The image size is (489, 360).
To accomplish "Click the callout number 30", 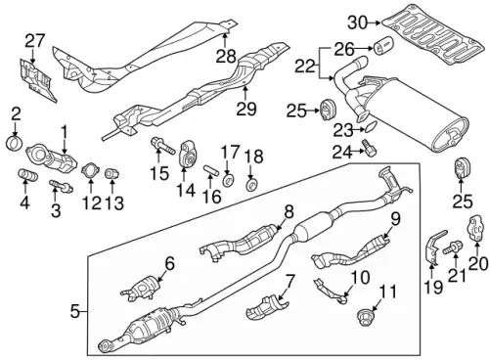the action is tap(358, 23).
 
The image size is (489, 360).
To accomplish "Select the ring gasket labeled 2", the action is tap(15, 143).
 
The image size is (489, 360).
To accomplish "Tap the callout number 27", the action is tap(34, 42).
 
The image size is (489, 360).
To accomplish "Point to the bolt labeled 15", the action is tap(163, 147).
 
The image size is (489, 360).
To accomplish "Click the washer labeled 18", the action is tap(251, 186).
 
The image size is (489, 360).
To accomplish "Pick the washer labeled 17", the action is tap(228, 180).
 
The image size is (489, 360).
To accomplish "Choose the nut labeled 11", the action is tap(365, 317).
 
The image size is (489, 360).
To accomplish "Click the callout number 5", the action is tap(75, 312).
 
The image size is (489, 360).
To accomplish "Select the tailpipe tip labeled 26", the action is tap(383, 46).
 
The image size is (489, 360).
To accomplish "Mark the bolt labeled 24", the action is tap(369, 148).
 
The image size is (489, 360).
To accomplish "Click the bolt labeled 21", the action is tap(453, 247).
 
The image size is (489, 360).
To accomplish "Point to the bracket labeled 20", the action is tap(475, 229).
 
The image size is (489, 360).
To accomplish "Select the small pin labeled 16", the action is tap(210, 171).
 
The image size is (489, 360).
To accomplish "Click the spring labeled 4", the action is tap(27, 174).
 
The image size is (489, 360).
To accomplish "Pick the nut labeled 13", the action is tap(111, 174).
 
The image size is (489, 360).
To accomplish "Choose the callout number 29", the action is tap(246, 109).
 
